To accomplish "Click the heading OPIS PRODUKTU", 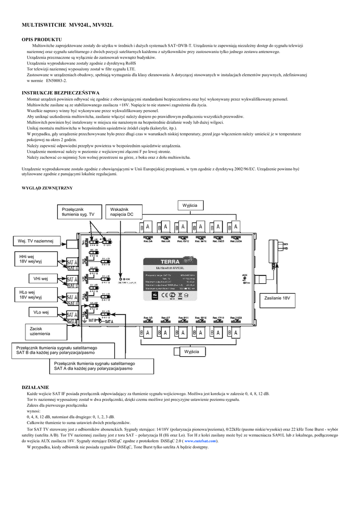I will pyautogui.click(x=42, y=39).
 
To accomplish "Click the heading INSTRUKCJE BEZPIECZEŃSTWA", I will pyautogui.click(x=61, y=93).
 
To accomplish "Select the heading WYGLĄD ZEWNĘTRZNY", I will pyautogui.click(x=47, y=188).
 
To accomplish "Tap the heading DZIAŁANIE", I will pyautogui.click(x=35, y=386).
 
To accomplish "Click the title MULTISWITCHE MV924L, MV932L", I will pyautogui.click(x=68, y=24).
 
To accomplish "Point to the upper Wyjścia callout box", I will pyautogui.click(x=190, y=205).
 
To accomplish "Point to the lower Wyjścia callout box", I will pyautogui.click(x=191, y=351).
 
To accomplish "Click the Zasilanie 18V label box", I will pyautogui.click(x=277, y=298).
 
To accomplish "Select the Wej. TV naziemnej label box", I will pyautogui.click(x=36, y=241).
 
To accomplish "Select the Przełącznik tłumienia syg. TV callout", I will pyautogui.click(x=78, y=212).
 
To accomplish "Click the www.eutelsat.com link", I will pyautogui.click(x=200, y=441).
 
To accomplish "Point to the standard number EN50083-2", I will pyautogui.click(x=56, y=80).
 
